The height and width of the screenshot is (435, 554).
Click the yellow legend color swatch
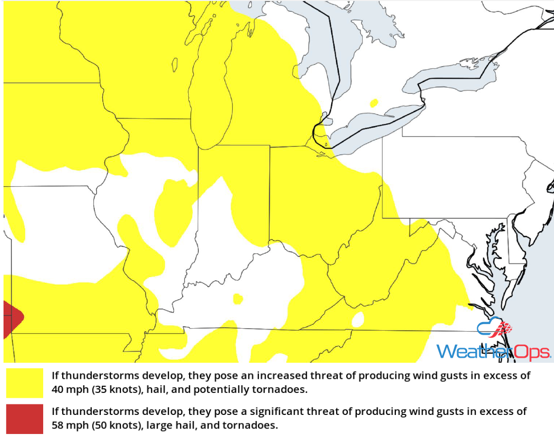[x=25, y=383]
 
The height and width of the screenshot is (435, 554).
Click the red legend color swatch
[x=25, y=419]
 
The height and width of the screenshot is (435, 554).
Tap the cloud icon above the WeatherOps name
[x=494, y=329]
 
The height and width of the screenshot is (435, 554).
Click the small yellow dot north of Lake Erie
[x=373, y=103]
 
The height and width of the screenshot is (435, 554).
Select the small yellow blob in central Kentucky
[x=237, y=299]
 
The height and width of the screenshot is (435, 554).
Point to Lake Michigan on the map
[x=211, y=100]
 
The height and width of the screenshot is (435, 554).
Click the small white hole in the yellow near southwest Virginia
[x=358, y=318]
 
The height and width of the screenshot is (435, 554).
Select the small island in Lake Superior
[x=175, y=65]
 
